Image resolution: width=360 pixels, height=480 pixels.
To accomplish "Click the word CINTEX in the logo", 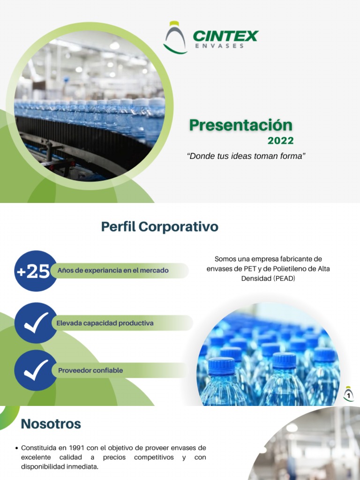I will (225, 36).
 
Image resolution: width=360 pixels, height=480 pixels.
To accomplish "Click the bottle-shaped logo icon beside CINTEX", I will (175, 37).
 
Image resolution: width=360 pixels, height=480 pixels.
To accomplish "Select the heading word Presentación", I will (240, 125).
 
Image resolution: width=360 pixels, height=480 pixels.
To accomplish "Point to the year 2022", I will (280, 141).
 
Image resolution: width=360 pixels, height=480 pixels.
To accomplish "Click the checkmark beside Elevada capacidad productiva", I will (36, 323).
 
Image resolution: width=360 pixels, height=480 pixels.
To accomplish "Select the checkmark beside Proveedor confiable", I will (36, 370).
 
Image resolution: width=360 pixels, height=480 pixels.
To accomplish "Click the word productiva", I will (136, 323).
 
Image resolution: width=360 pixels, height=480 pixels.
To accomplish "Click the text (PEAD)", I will (280, 278).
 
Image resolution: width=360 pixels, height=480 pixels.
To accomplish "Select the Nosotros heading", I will (51, 424).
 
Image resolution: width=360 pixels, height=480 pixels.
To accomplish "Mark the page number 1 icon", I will (348, 394).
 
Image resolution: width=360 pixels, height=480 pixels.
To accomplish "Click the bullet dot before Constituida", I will (17, 449).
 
